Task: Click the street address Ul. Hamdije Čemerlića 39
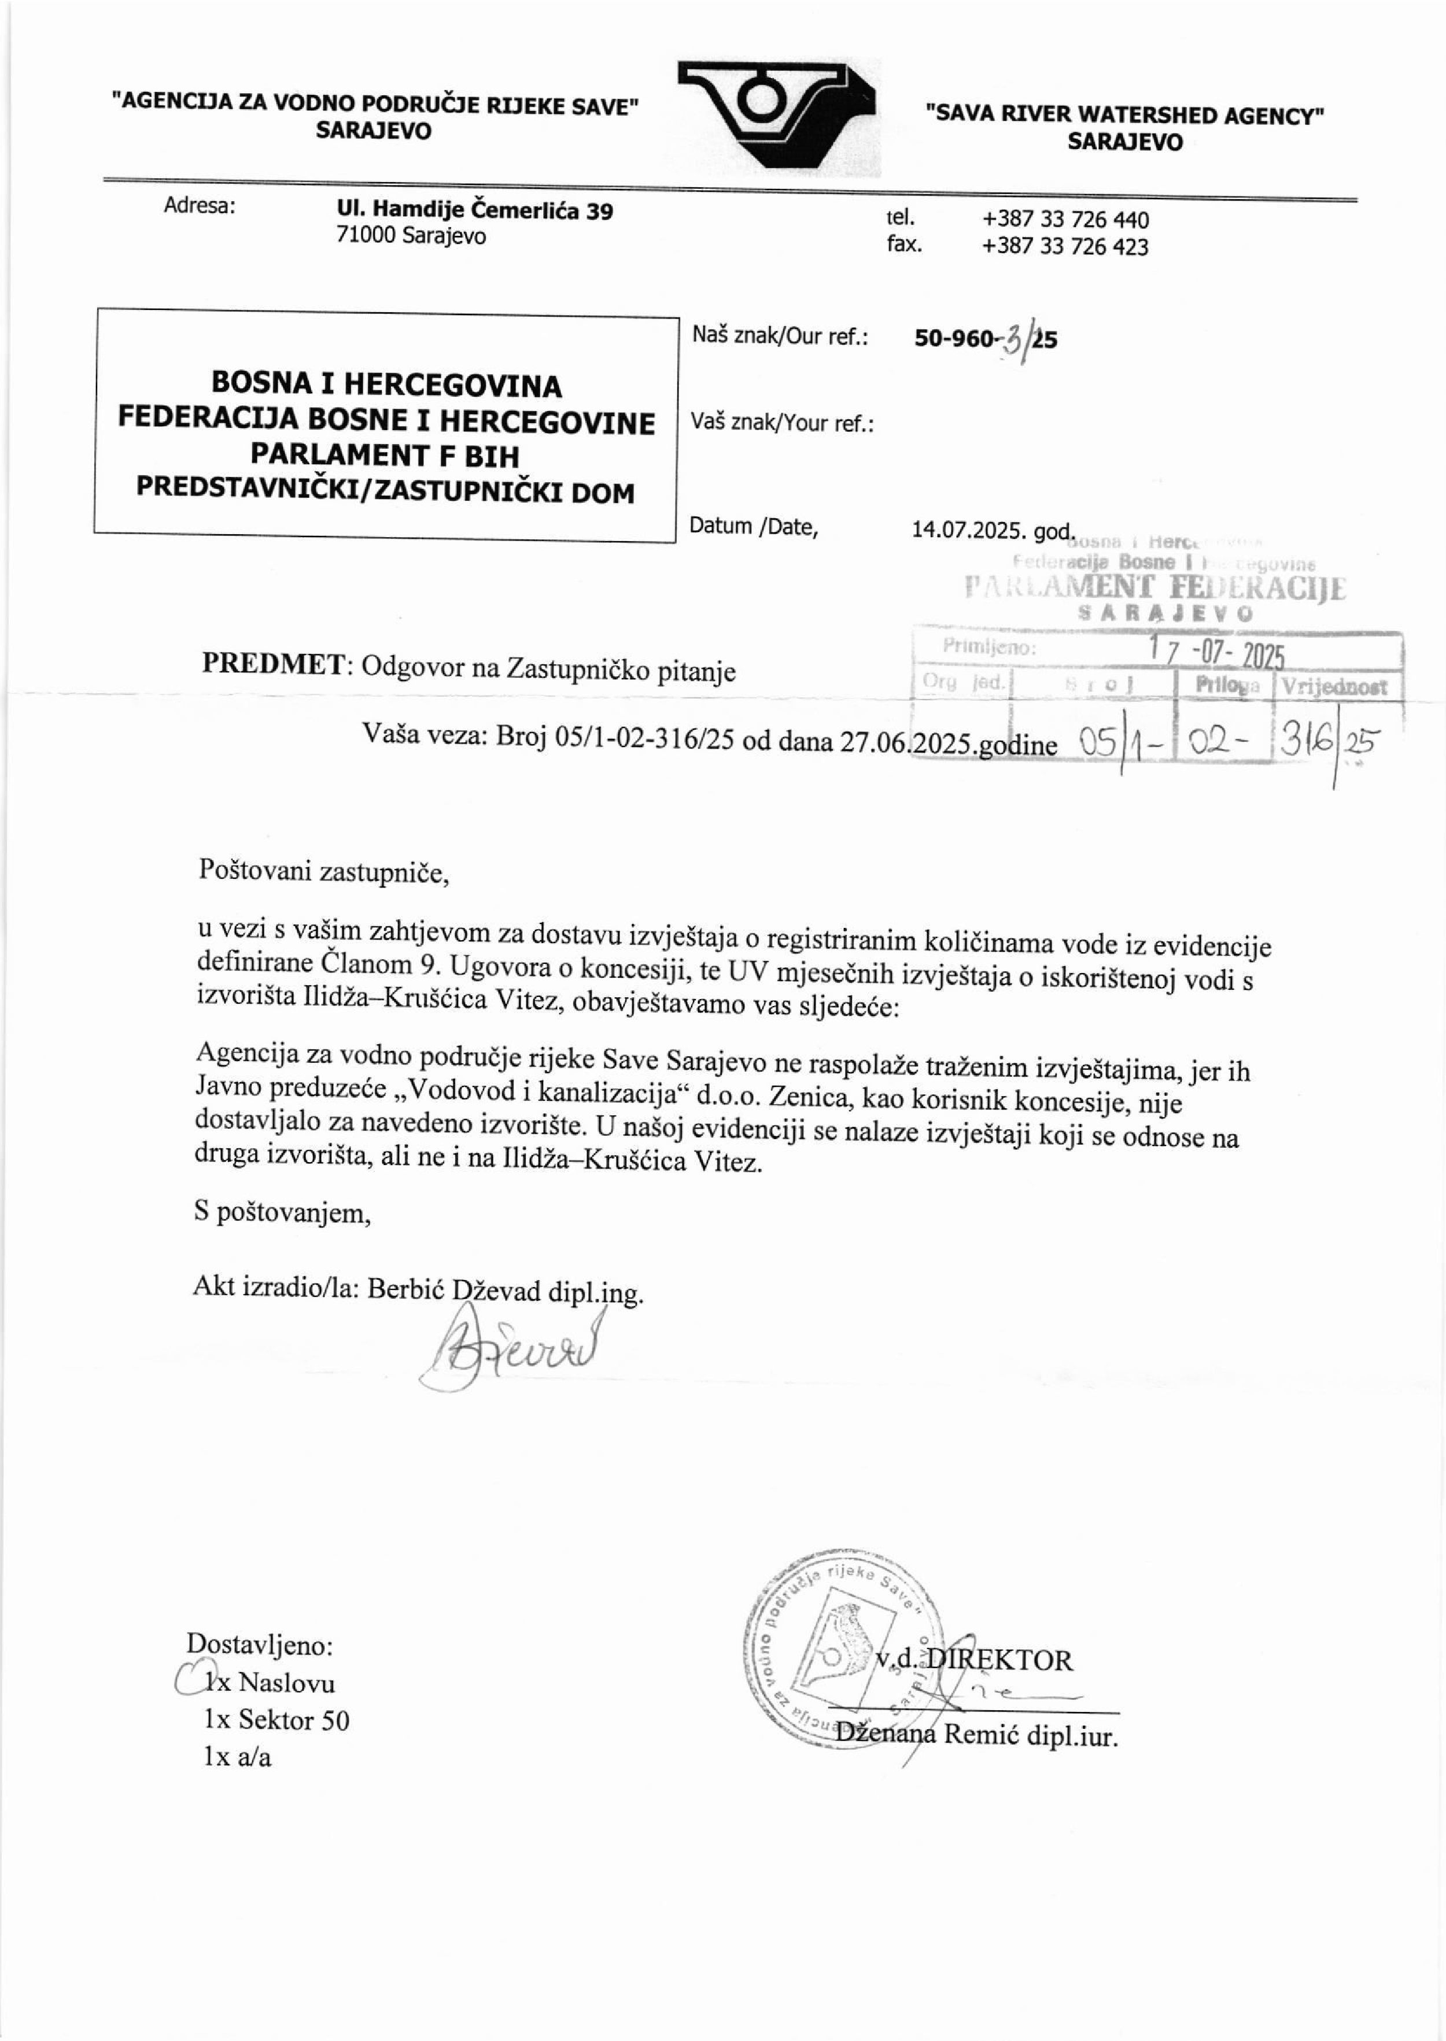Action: pyautogui.click(x=475, y=211)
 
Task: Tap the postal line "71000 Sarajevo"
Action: pyautogui.click(x=411, y=236)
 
